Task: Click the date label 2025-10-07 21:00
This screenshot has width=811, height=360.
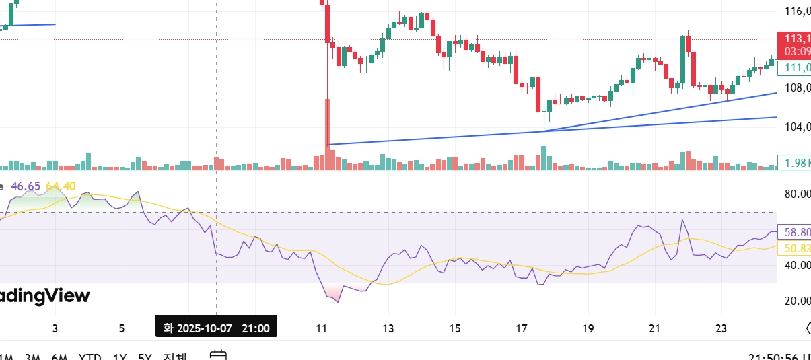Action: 216,328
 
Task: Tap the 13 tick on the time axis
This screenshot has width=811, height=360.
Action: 388,328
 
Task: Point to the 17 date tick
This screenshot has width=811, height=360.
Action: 522,328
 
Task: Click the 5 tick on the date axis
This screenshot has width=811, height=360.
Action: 121,328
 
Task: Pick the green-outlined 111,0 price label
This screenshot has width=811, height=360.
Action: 795,67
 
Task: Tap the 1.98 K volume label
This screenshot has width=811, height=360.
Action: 795,162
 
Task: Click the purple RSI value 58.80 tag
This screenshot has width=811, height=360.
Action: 795,232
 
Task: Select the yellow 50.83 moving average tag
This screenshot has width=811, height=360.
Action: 795,249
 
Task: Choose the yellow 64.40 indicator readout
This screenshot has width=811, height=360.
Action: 61,186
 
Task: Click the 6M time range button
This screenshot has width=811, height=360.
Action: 59,356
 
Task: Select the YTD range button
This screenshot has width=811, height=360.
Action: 90,356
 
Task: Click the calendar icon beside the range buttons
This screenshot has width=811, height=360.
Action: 217,355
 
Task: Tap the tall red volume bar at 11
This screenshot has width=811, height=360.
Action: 328,135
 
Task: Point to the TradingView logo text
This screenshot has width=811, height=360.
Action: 44,296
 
